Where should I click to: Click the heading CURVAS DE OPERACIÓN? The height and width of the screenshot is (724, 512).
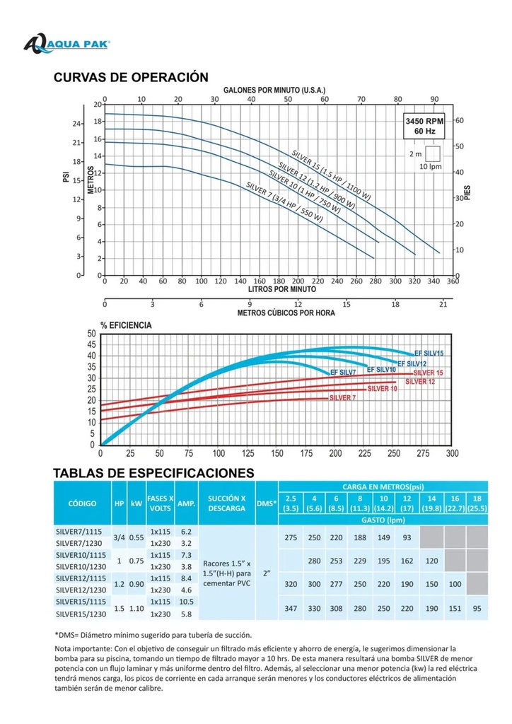pos(131,77)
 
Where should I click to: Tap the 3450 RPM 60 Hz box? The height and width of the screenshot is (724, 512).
pos(425,126)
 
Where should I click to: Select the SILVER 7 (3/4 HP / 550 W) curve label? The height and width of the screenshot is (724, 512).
pos(284,202)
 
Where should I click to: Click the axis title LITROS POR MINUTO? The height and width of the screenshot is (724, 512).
pos(282,289)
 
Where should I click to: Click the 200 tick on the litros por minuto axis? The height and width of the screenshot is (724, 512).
pos(298,281)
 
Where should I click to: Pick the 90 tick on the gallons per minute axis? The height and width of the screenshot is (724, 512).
pos(434,99)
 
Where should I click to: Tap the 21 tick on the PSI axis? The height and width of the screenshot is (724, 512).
pos(76,143)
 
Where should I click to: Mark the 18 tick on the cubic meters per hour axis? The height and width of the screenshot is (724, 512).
pos(395,304)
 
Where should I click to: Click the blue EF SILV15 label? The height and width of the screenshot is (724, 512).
pos(429,354)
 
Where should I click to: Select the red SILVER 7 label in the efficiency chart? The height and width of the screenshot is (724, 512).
pos(342,397)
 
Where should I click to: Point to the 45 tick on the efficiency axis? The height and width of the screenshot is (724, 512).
pos(91,344)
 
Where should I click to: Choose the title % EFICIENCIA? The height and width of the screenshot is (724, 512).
pos(126,325)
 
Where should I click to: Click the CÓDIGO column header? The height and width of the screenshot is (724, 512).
pos(82,503)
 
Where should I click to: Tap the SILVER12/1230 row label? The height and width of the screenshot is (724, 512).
pos(81,590)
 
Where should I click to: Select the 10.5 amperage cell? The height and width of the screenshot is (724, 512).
pos(186,602)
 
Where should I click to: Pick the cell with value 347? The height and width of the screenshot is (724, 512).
pos(291,608)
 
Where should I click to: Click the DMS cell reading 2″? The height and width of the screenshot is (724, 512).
pos(267,573)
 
